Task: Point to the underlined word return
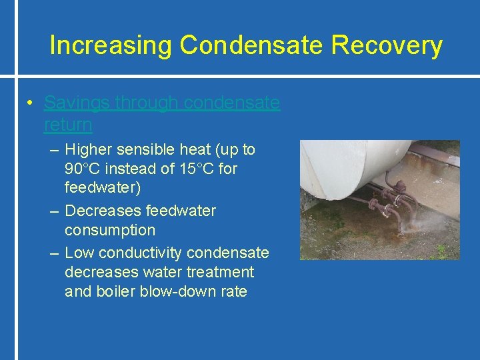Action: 68,125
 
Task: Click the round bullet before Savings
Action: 31,103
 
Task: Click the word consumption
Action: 109,231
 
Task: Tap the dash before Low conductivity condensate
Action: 55,253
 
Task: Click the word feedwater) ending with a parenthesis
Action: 102,189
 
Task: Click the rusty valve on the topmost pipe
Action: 399,187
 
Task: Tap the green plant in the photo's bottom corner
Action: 441,253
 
